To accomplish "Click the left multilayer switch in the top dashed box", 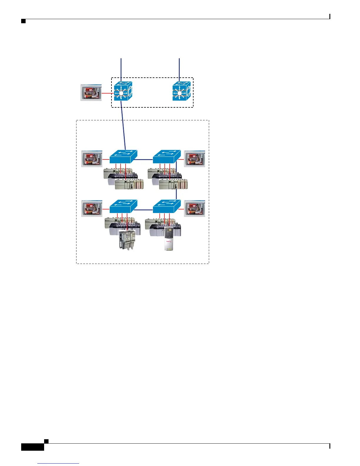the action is click(x=123, y=91).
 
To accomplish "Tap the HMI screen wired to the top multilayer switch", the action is click(x=91, y=93).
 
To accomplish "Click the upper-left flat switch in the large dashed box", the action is click(x=123, y=157).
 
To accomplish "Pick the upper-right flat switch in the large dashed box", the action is click(x=167, y=157).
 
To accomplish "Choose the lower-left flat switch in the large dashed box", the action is click(x=123, y=207).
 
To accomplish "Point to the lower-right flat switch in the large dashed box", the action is click(x=167, y=207).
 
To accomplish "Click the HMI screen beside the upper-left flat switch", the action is click(x=92, y=159).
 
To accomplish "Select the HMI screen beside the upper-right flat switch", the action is click(x=194, y=159).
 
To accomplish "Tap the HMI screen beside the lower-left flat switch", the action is click(x=92, y=209).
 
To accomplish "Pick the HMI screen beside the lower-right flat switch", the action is click(x=194, y=209).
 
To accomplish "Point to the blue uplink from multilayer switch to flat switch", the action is click(x=123, y=127).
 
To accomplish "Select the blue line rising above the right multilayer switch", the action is click(x=179, y=69).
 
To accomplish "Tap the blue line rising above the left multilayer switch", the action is click(x=121, y=69).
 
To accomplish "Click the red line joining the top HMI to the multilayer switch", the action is click(x=108, y=94).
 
